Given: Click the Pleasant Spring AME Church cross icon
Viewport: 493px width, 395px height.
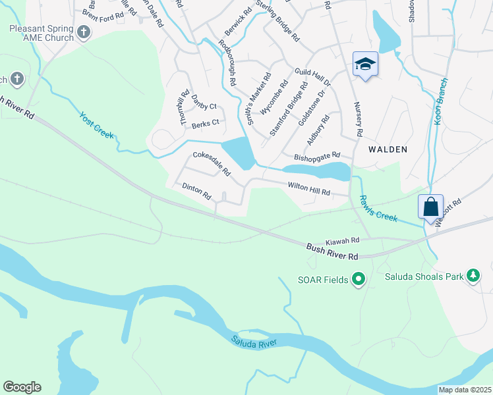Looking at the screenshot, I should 83,32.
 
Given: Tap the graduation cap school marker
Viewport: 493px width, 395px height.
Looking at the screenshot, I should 365,64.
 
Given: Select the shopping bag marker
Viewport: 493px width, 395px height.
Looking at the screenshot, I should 430,207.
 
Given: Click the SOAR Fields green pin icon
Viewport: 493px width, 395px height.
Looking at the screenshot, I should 359,280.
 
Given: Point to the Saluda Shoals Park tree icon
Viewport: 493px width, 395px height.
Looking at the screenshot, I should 473,276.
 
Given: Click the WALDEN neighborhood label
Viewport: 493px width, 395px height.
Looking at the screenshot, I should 388,149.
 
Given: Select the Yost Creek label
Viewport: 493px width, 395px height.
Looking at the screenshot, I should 97,125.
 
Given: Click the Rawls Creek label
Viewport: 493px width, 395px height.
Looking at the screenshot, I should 378,208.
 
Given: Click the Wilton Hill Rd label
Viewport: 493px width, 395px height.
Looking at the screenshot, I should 308,188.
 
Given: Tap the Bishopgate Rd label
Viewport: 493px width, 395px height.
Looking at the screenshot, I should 316,158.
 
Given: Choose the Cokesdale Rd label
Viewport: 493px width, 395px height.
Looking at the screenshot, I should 211,163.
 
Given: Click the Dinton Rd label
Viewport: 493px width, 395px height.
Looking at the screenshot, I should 196,192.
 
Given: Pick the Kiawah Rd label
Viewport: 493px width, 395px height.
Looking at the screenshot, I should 341,241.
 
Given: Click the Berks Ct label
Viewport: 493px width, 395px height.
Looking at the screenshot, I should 205,123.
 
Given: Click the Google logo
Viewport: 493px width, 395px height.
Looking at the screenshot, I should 22,387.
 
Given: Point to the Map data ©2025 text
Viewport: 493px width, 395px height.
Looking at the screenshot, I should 465,390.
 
